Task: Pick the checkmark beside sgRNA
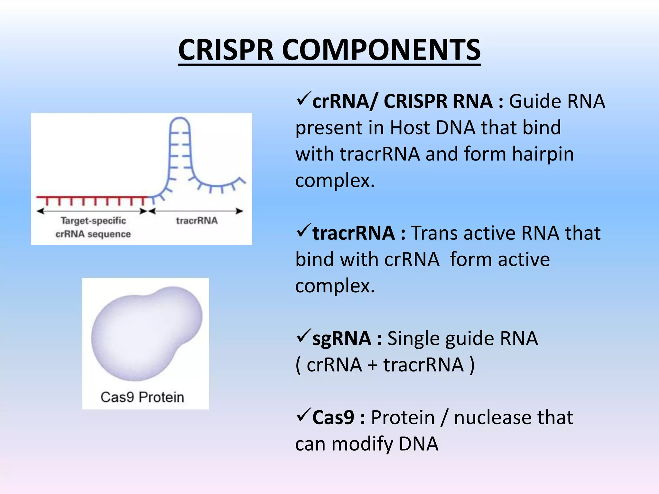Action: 303,336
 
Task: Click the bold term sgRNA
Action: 341,339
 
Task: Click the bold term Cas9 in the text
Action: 333,417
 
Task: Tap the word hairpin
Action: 543,154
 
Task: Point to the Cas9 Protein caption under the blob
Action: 142,397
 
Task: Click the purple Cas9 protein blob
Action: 145,334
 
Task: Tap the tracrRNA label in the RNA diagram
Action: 197,221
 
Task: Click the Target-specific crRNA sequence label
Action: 93,227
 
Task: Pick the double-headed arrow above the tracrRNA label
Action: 196,211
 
